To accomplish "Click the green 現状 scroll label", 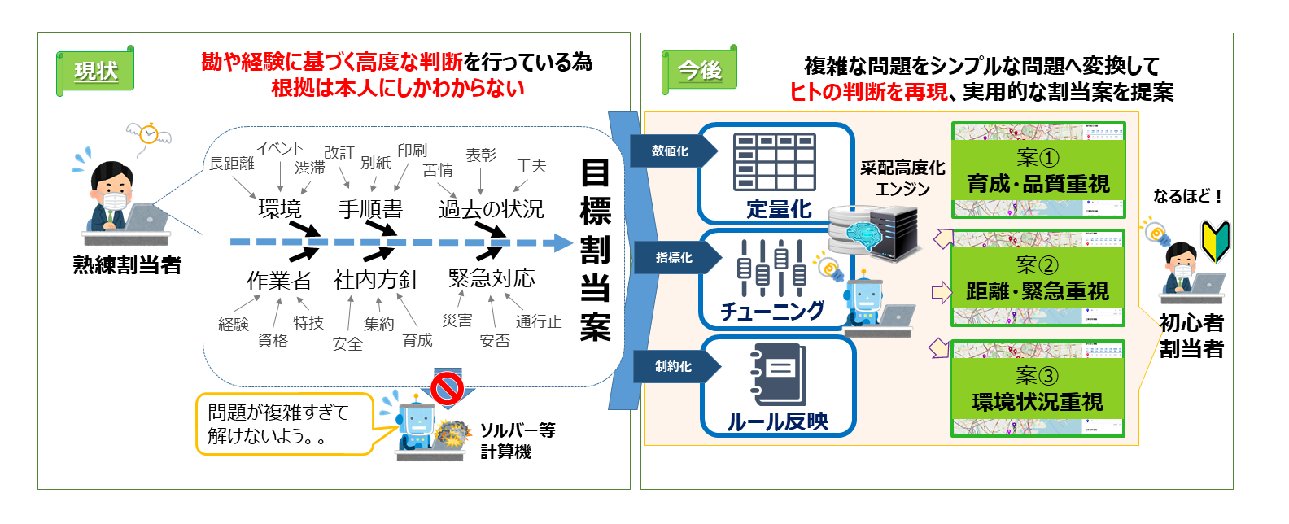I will [x=95, y=72].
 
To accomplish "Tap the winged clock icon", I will [x=148, y=133].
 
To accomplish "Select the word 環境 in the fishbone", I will [x=279, y=209].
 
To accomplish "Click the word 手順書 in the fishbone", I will [x=370, y=209].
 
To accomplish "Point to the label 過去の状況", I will [x=491, y=209].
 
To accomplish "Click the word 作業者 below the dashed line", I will [x=279, y=281].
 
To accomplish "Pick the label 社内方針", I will [x=376, y=280].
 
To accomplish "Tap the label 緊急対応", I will [x=492, y=278].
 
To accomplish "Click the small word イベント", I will [x=280, y=148].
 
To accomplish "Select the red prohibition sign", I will [x=447, y=387].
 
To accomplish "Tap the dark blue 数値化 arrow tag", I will [x=672, y=151].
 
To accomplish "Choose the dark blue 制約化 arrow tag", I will [x=675, y=367].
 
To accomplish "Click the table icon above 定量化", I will [x=774, y=163].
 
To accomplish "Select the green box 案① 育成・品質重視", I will [x=1038, y=171].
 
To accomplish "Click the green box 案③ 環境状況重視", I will [x=1038, y=389].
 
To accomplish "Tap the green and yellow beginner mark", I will [x=1216, y=242].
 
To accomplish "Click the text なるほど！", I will [x=1187, y=196].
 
